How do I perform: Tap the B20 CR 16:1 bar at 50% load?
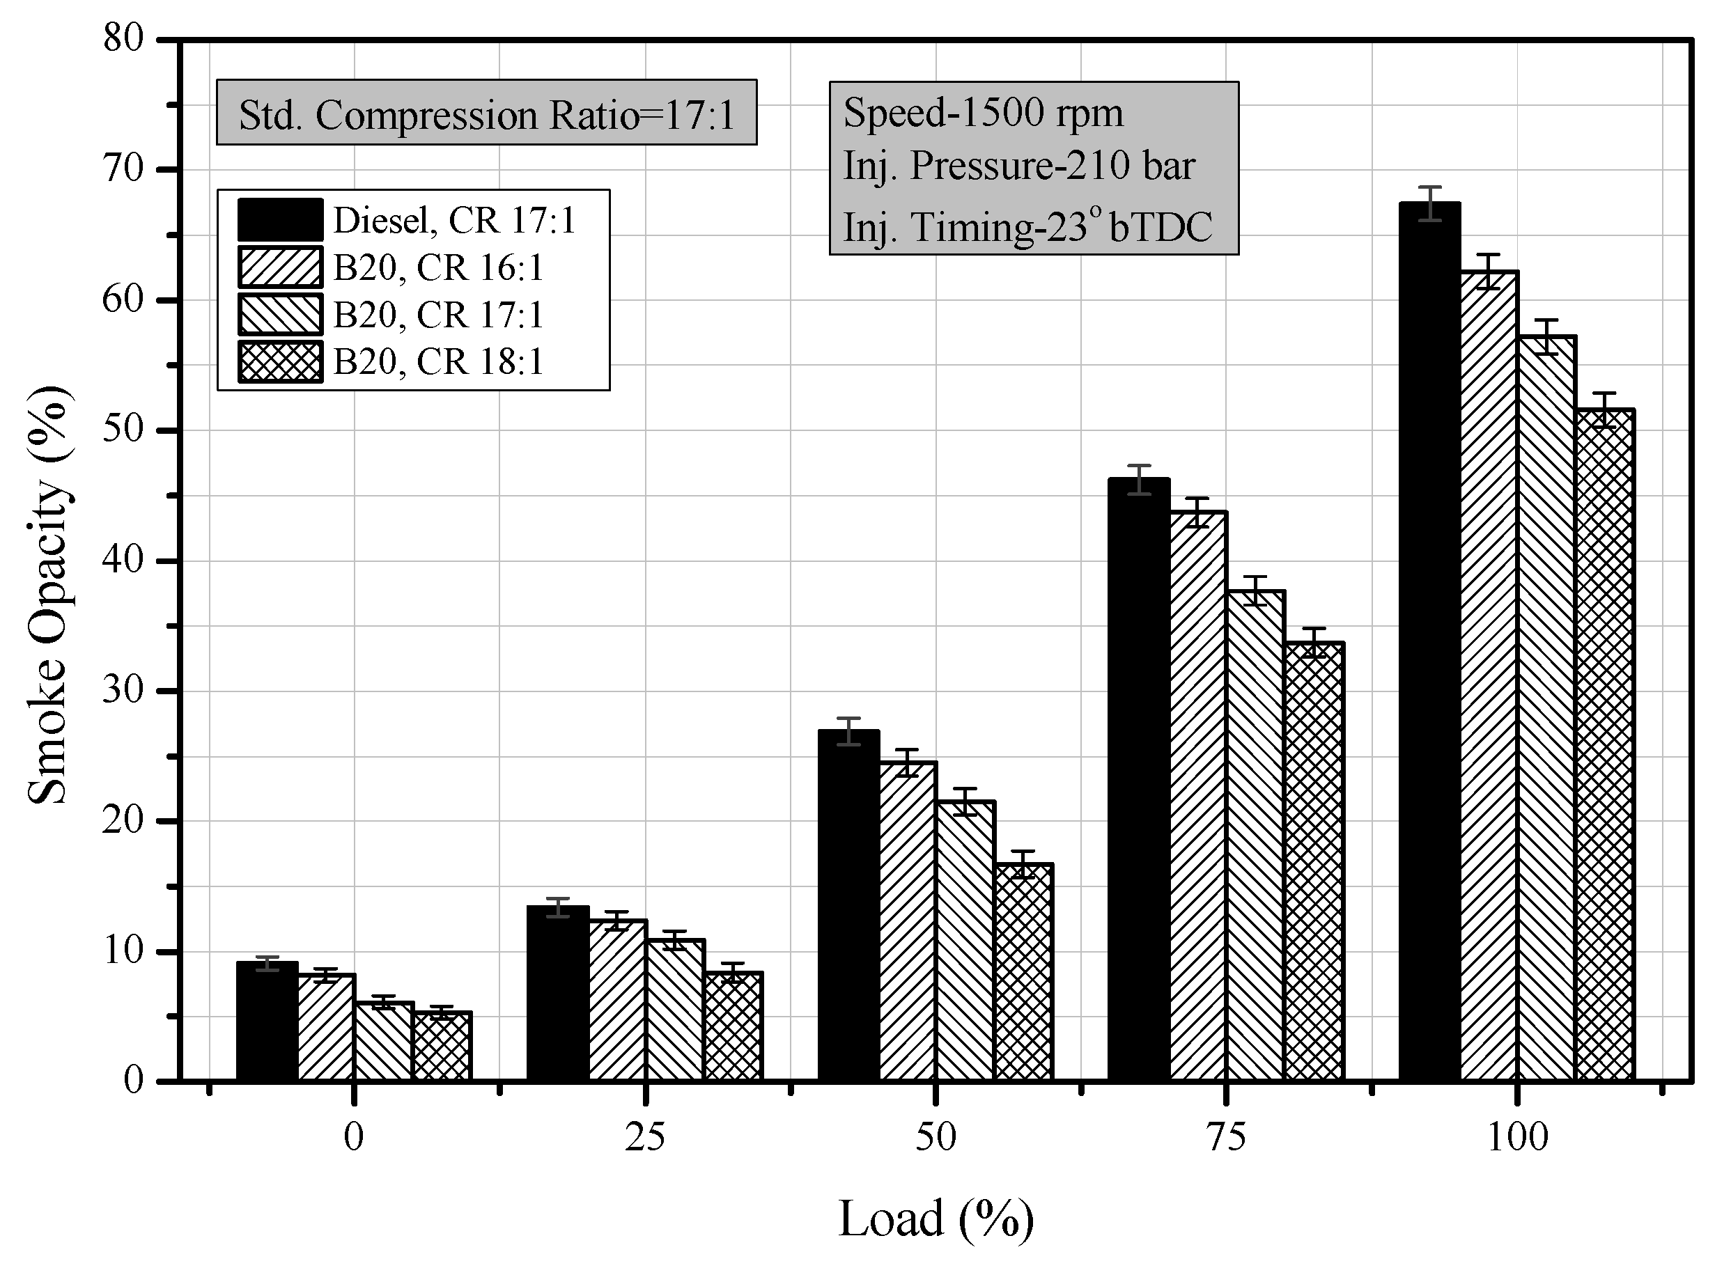pyautogui.click(x=908, y=921)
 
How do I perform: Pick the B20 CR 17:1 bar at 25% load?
pyautogui.click(x=675, y=1010)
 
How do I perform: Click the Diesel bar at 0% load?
pyautogui.click(x=266, y=1021)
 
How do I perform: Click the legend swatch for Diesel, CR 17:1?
pyautogui.click(x=280, y=219)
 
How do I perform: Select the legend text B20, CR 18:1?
pyautogui.click(x=438, y=361)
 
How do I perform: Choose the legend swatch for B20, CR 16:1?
pyautogui.click(x=280, y=267)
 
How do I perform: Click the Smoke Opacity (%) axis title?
pyautogui.click(x=47, y=595)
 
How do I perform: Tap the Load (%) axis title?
pyautogui.click(x=936, y=1219)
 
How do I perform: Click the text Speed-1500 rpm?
pyautogui.click(x=984, y=113)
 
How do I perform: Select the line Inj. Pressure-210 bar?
pyautogui.click(x=1019, y=166)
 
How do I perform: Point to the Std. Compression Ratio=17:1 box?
pyautogui.click(x=487, y=112)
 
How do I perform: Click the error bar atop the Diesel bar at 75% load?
pyautogui.click(x=1139, y=480)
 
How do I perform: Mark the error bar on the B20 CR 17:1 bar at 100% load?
pyautogui.click(x=1546, y=336)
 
